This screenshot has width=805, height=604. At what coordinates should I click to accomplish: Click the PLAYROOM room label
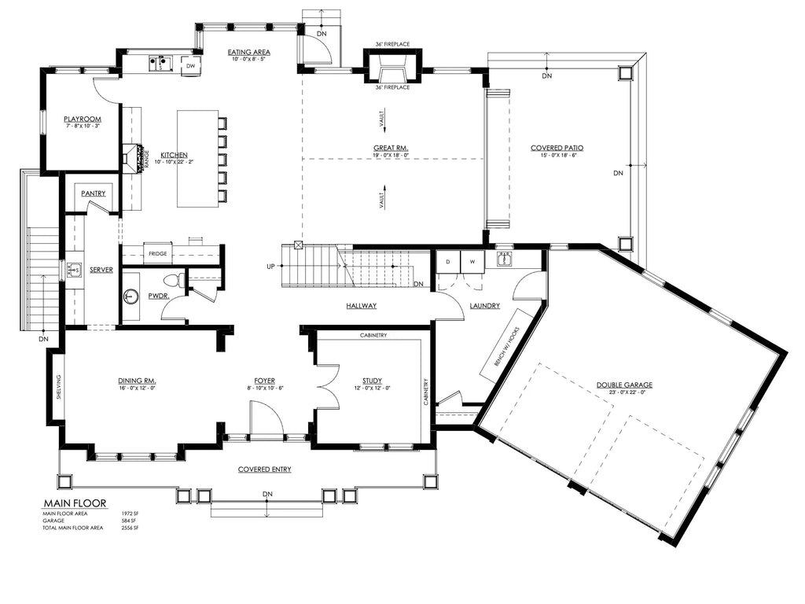click(83, 120)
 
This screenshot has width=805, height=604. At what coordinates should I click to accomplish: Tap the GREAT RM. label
click(391, 148)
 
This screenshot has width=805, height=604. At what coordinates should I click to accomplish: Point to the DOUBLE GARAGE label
click(624, 385)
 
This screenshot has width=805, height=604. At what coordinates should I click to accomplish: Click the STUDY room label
click(372, 381)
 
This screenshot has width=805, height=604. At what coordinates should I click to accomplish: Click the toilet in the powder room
click(174, 280)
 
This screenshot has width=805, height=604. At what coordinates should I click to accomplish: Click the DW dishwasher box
click(190, 67)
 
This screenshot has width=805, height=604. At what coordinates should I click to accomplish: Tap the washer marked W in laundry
click(473, 261)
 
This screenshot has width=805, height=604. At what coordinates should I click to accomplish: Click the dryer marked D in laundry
click(448, 261)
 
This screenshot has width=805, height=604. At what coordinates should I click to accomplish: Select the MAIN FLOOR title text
click(75, 503)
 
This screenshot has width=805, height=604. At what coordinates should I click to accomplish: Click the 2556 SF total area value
click(130, 528)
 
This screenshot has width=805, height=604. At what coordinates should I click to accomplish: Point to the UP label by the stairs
click(270, 267)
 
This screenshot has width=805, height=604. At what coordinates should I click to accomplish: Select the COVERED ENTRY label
click(265, 470)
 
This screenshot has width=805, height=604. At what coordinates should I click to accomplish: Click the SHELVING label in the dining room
click(58, 387)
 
